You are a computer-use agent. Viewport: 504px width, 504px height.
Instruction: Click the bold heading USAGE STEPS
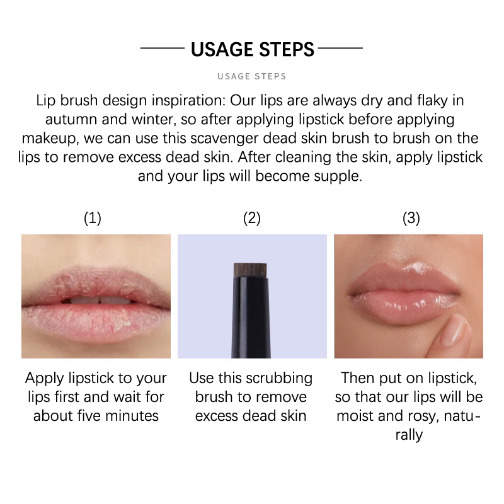[253, 49]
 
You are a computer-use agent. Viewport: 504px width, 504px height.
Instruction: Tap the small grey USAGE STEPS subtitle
[251, 76]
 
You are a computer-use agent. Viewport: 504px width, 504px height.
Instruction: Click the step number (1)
[93, 218]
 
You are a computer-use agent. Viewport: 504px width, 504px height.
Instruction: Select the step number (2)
[252, 218]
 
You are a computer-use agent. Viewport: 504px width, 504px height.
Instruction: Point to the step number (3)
[411, 218]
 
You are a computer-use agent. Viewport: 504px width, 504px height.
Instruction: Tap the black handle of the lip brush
[251, 318]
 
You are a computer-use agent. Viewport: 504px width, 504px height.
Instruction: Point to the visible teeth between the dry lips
[100, 301]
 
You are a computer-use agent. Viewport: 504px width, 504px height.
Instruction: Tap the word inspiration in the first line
[188, 100]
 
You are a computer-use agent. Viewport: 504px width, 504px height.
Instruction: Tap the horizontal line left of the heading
[163, 49]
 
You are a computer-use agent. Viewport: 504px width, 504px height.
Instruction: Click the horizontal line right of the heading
[340, 49]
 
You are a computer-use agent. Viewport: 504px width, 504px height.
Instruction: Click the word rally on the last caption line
[409, 435]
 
